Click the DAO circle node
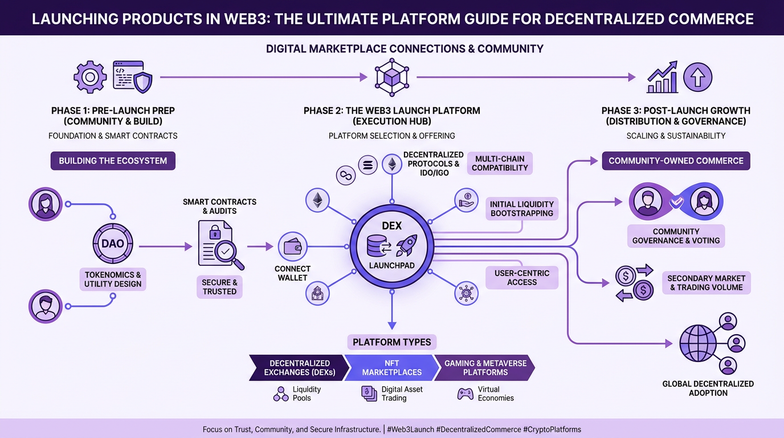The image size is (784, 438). coord(112,244)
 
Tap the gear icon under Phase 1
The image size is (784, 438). coord(90,78)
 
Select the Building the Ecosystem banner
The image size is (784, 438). coord(113,161)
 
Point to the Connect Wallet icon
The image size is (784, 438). coord(292,247)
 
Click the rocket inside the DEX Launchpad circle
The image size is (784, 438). coord(406,246)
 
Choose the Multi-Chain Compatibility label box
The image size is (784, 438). coord(500,163)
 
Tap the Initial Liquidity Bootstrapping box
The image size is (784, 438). coord(521,209)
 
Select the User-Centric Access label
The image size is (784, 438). coord(521,277)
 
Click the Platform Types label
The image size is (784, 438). coord(391,342)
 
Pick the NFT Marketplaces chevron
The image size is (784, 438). coord(391,368)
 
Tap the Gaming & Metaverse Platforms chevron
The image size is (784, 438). coord(485,368)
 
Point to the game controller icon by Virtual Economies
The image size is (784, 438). coord(465,394)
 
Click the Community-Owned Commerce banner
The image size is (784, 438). coord(676,161)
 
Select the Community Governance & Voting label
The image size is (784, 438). coord(676,236)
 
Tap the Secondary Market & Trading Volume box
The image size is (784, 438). coord(706,283)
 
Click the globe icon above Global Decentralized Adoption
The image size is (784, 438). coord(697,344)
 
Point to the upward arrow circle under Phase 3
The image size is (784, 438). coord(697,77)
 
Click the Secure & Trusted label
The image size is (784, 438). coord(219,287)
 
